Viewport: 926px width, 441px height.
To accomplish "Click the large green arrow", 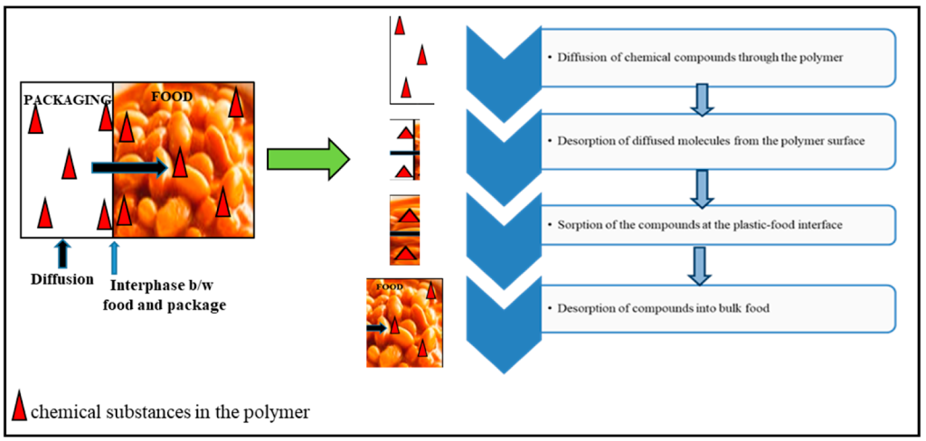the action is [307, 160].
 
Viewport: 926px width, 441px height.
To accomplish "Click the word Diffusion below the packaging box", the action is [63, 278].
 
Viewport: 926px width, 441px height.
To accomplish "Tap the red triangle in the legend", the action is [20, 405].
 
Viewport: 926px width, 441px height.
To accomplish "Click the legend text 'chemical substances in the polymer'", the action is [170, 411].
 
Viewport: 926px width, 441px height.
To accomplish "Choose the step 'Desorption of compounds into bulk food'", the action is [629, 308].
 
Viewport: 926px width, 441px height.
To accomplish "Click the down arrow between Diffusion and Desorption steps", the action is [702, 99].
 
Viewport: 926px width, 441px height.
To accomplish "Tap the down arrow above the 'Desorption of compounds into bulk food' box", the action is [702, 265].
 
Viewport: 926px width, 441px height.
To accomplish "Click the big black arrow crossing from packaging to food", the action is [130, 168].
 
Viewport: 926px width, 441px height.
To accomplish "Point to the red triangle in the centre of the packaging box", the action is [70, 164].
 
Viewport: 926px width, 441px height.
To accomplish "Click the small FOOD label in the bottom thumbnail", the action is [390, 286].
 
